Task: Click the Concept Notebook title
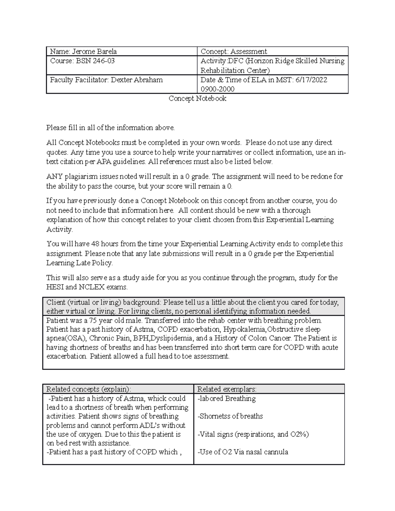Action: [197, 99]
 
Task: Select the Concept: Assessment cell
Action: [234, 51]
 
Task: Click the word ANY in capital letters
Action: [54, 177]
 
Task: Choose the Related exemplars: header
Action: [226, 389]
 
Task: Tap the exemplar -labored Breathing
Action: [226, 399]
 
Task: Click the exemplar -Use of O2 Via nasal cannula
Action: [243, 452]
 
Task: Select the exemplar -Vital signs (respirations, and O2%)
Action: [253, 434]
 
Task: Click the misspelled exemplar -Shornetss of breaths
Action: [230, 417]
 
